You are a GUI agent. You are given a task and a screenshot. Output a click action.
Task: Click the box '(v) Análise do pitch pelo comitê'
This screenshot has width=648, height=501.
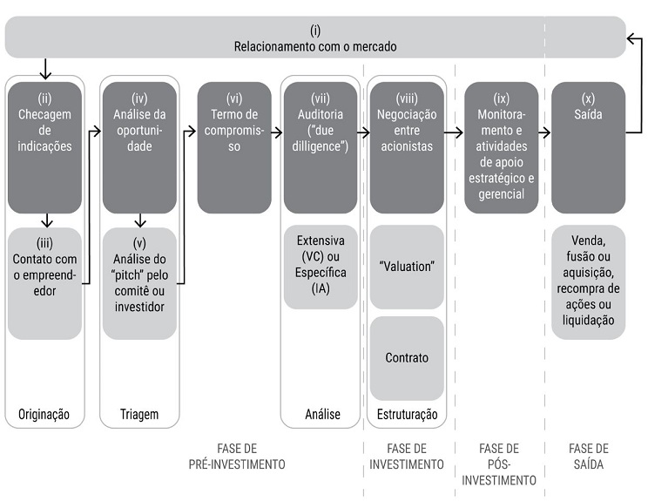[x=139, y=283]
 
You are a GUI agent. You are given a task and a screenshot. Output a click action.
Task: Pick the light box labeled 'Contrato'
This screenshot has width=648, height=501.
[x=406, y=357]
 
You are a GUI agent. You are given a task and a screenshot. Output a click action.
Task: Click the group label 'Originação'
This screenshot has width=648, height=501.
[x=44, y=414]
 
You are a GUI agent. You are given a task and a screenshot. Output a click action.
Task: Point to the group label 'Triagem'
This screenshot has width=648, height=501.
[x=139, y=414]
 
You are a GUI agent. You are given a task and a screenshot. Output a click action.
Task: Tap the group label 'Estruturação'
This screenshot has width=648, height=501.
[x=406, y=414]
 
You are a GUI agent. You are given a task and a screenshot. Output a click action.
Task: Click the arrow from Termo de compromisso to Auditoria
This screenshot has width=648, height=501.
[x=275, y=132]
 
